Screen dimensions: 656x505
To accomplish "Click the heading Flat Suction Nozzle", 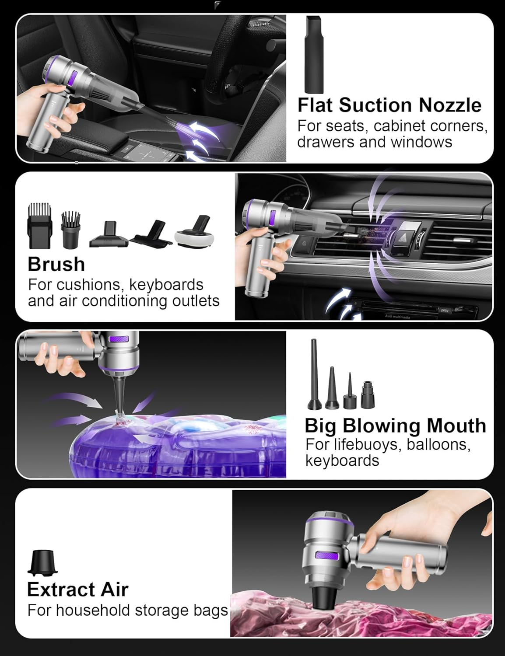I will pos(389,105).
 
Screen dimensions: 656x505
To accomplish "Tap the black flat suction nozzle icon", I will pos(314,54).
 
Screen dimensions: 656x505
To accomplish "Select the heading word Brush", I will pos(56,264).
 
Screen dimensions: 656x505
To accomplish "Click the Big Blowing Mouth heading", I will pos(395,425).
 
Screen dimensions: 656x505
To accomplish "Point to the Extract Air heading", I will pos(77,589).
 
